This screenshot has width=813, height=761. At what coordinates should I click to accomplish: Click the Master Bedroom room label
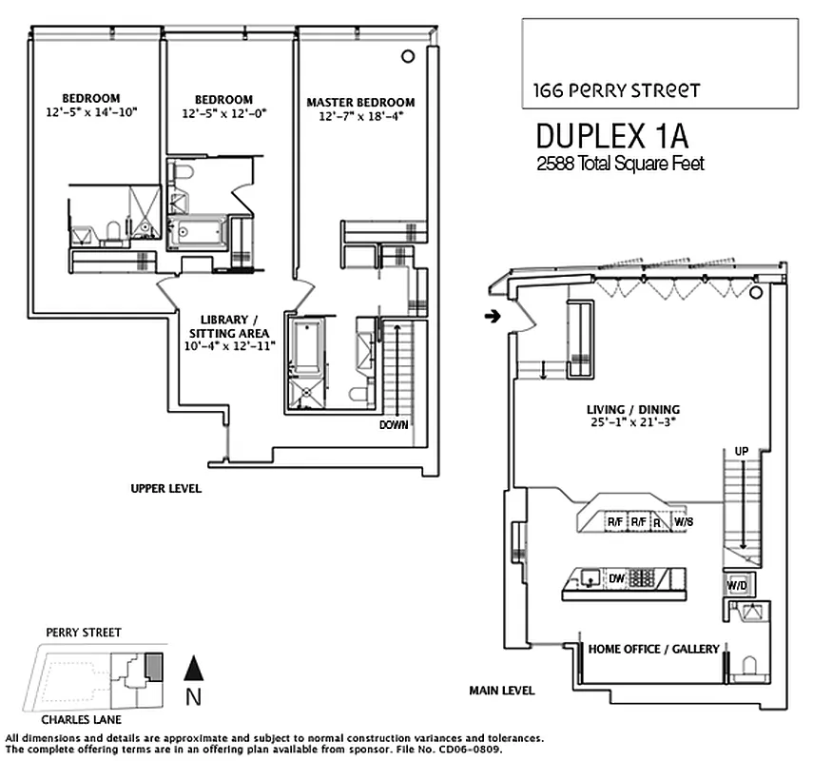pos(360,103)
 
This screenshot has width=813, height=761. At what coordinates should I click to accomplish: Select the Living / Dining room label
pos(632,410)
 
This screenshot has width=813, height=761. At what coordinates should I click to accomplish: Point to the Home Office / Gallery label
pos(653,649)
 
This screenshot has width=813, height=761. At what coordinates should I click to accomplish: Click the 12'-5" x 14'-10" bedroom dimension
pos(91,112)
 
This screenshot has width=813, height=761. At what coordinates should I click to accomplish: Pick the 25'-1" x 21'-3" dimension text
pos(632,424)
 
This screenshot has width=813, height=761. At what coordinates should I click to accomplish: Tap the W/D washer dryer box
pos(737,585)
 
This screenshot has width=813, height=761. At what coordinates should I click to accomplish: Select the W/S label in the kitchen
pos(683,522)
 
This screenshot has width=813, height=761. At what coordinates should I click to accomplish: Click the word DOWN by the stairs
pos(393,425)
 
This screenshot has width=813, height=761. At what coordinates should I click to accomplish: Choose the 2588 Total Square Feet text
pos(620,164)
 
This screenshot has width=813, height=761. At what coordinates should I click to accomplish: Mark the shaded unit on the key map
pos(153,666)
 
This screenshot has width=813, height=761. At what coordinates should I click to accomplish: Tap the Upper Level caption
pos(165,488)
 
